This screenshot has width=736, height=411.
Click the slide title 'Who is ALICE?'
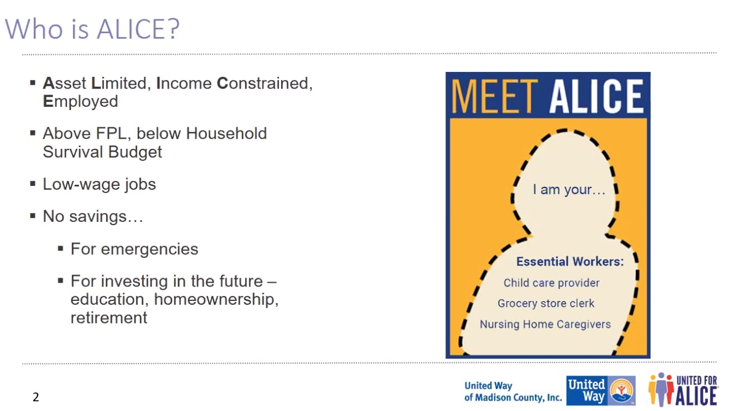[92, 29]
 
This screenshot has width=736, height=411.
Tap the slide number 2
[36, 397]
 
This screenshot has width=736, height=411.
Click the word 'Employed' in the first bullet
[80, 102]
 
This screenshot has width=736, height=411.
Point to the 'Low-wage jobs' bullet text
[99, 184]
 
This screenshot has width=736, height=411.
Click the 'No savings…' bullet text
[93, 216]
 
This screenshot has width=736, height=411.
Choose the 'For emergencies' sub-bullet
[134, 249]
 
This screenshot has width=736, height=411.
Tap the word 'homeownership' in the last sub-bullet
[216, 299]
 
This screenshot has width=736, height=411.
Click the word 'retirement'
[108, 318]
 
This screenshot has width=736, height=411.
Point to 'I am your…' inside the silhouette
[569, 190]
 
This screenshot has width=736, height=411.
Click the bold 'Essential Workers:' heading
[569, 262]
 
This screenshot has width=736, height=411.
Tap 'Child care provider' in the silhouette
[551, 283]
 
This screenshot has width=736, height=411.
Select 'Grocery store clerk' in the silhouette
[546, 303]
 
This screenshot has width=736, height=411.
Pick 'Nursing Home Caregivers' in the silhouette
[545, 324]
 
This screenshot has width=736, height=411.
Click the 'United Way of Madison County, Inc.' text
[512, 392]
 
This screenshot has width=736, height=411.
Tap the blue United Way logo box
[600, 391]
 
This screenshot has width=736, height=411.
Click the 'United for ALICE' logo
[683, 389]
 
